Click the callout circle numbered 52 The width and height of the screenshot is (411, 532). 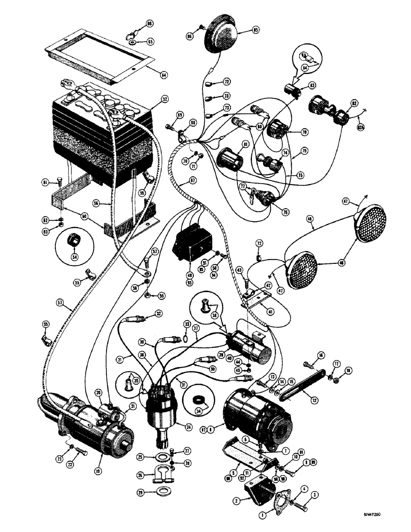tap(165, 99)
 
